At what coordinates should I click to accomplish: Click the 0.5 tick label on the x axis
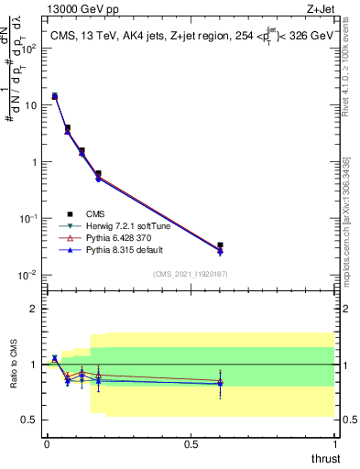click(191, 444)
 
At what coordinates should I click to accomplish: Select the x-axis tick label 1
click(335, 444)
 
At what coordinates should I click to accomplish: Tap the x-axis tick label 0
click(47, 444)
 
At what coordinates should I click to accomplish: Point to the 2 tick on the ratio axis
click(34, 309)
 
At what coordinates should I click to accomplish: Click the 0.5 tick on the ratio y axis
click(30, 420)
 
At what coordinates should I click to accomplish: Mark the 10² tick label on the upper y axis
click(29, 48)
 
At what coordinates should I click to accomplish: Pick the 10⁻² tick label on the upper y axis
click(29, 275)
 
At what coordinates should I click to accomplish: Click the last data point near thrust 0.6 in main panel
click(220, 246)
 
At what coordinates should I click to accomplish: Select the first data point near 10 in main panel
click(54, 96)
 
